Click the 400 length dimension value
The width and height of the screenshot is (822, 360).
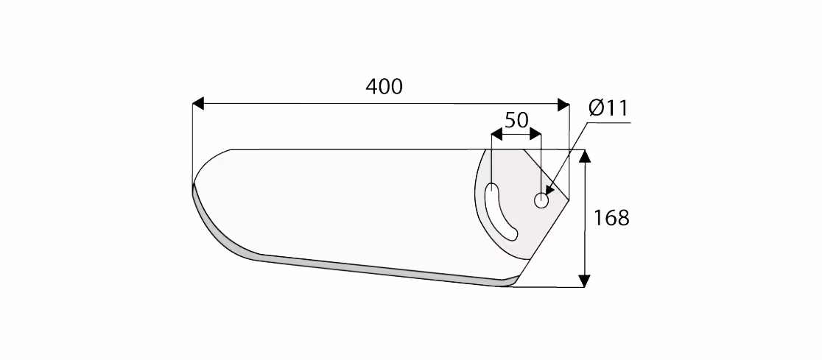pos(384,86)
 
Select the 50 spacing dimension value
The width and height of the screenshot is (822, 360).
pos(516,121)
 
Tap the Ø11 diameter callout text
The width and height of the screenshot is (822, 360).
pos(608,108)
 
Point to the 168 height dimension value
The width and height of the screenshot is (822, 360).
pos(611,217)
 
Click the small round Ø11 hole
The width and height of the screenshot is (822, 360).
pos(541,200)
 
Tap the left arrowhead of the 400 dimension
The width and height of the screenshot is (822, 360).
pos(197,104)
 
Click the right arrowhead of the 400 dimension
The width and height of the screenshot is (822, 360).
pos(563,105)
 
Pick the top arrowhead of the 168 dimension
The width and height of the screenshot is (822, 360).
pos(585,155)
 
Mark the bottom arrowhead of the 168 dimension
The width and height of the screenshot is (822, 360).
pos(585,281)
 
